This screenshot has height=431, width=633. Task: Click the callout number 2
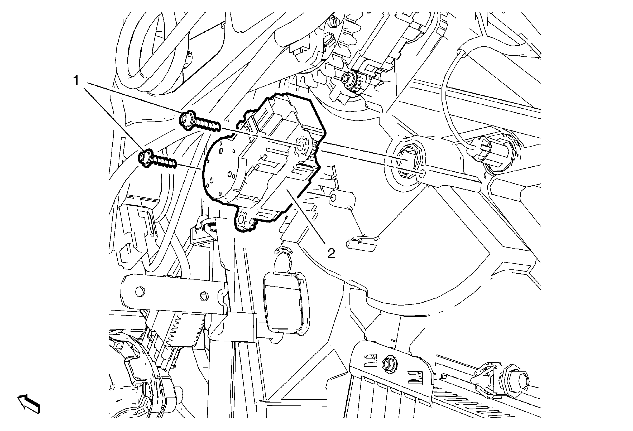(331, 254)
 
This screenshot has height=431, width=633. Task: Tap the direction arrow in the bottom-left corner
(30, 405)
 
